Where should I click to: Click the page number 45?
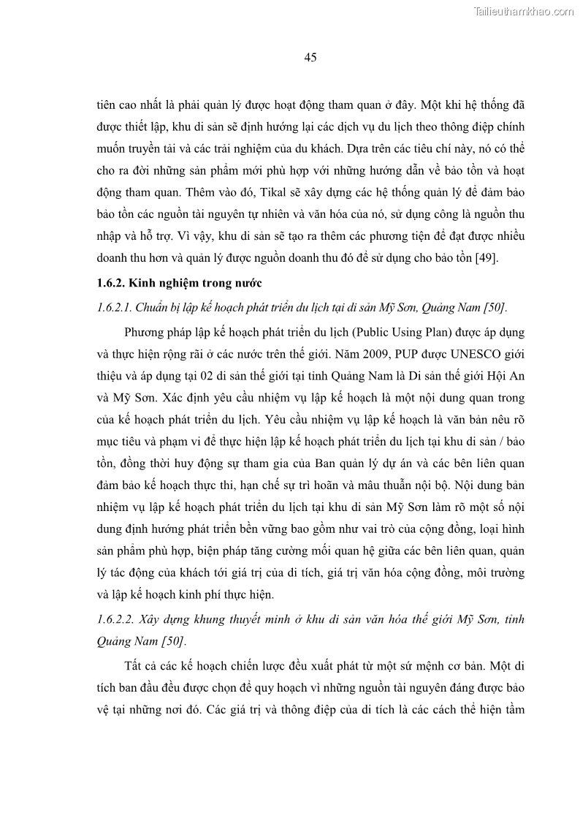click(x=310, y=58)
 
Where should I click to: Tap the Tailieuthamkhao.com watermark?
click(x=524, y=11)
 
